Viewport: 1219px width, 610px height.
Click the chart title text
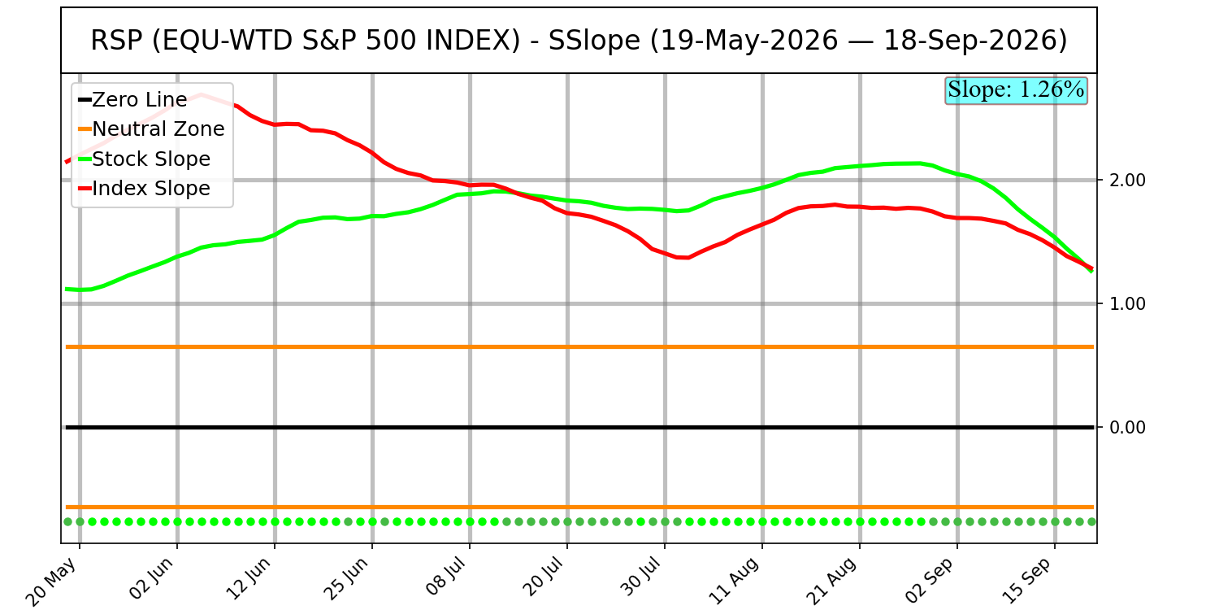(x=579, y=41)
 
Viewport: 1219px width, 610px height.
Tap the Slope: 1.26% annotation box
(x=1016, y=89)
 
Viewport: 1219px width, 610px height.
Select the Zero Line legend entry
(x=132, y=100)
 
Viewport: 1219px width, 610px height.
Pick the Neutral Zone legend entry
(x=151, y=129)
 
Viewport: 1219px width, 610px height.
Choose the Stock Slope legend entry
(x=144, y=159)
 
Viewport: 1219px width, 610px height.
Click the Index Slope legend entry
(x=144, y=189)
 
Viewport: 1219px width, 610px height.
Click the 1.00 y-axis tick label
(x=1128, y=304)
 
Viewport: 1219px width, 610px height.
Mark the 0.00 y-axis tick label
(x=1128, y=428)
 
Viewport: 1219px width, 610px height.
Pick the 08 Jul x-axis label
(x=444, y=577)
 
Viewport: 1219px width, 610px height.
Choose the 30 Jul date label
(x=639, y=577)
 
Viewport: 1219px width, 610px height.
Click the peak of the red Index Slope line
(x=202, y=95)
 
